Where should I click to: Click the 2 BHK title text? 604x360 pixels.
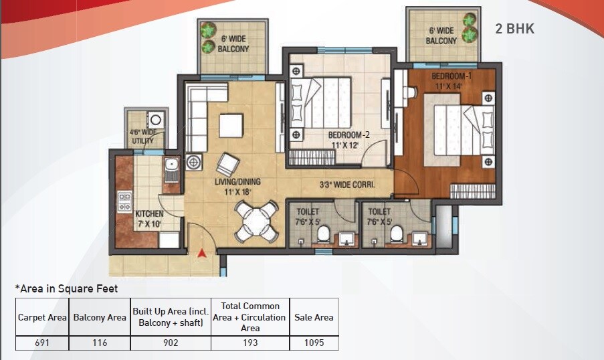(x=514, y=29)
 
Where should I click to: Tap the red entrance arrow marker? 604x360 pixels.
(x=201, y=253)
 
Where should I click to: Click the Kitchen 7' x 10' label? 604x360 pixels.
(x=148, y=219)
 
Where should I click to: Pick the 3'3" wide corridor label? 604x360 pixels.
(x=346, y=185)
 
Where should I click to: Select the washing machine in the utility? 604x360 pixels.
(x=155, y=120)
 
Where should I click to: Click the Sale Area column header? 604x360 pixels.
(x=314, y=318)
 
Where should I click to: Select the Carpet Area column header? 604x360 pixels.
(x=42, y=318)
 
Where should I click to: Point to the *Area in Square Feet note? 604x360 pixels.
(x=66, y=288)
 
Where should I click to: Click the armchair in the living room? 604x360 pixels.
(x=227, y=164)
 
